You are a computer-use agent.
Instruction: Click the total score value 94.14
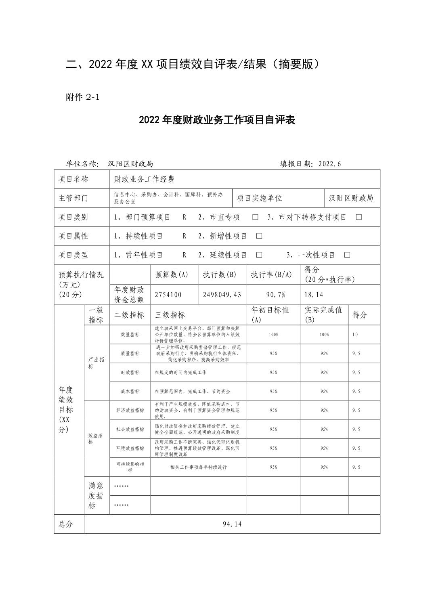click(232, 524)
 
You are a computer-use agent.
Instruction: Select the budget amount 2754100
click(168, 295)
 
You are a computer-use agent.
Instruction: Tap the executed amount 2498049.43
click(222, 295)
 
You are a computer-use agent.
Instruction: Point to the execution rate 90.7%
click(273, 295)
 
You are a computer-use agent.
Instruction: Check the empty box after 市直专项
click(255, 217)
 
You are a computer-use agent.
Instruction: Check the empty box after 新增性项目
click(259, 236)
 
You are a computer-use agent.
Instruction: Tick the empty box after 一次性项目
click(347, 255)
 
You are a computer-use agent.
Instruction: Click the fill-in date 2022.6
click(330, 164)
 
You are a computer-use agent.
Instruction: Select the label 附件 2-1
click(82, 97)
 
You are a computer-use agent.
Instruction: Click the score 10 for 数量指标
click(355, 335)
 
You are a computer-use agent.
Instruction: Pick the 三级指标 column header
click(170, 315)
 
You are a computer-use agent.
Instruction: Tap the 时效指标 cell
click(130, 373)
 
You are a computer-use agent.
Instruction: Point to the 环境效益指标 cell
click(130, 448)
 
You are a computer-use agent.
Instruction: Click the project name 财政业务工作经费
click(144, 179)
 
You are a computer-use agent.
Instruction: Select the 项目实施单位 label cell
click(259, 198)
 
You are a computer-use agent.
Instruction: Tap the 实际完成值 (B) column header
click(324, 315)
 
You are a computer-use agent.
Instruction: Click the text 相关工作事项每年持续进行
click(199, 467)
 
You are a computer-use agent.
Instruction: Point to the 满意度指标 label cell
click(96, 495)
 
